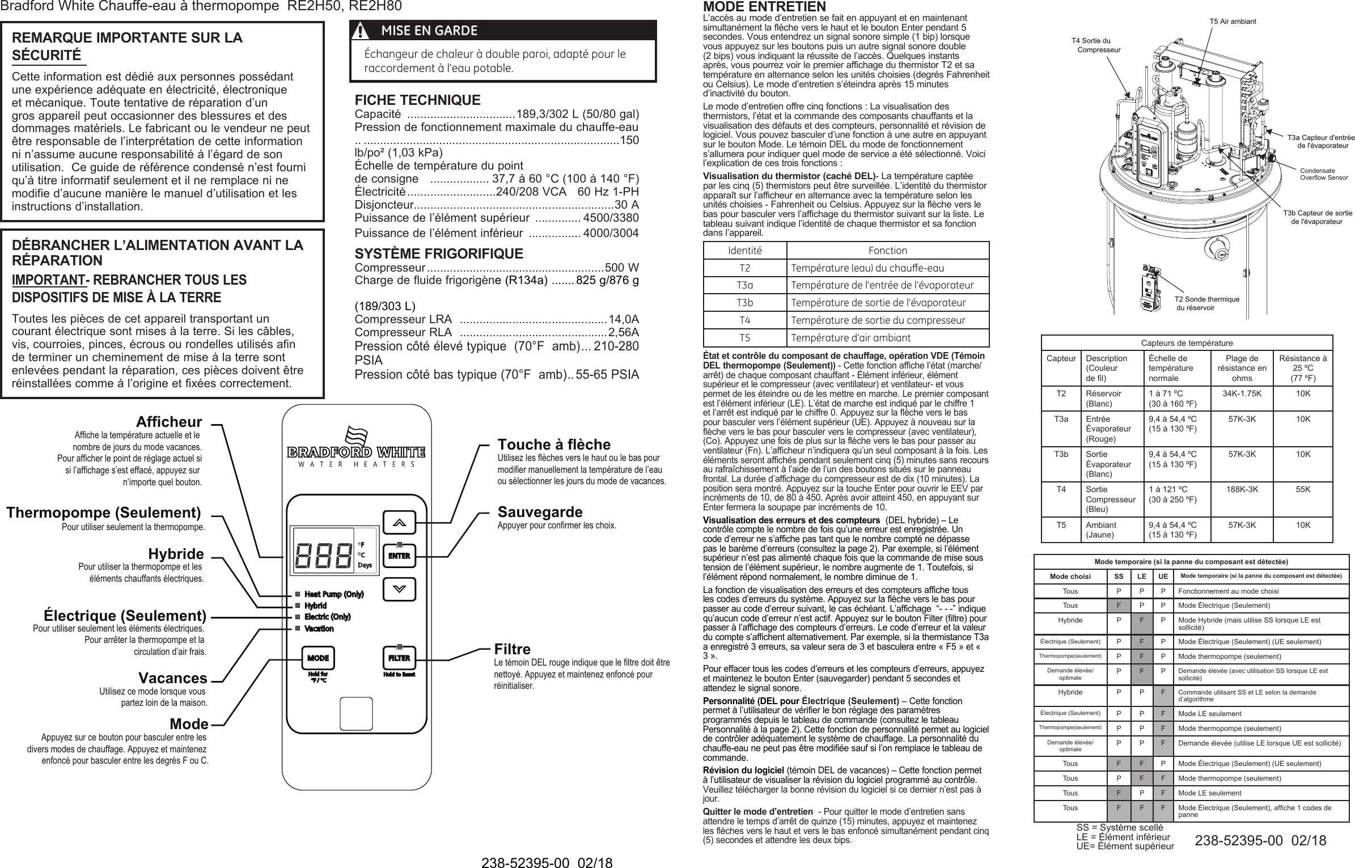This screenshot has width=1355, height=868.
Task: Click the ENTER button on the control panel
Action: [x=399, y=556]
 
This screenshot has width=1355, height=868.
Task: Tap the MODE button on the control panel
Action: [x=318, y=658]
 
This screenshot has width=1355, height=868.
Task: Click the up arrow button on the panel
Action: [x=399, y=523]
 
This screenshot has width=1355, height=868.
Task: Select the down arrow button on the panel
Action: [x=399, y=588]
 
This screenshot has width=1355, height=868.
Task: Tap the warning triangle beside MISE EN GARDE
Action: [x=357, y=31]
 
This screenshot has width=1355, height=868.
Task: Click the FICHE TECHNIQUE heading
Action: [x=417, y=100]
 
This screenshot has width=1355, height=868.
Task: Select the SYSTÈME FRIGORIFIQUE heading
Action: [x=439, y=253]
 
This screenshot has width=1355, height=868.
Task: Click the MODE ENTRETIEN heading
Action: [x=764, y=7]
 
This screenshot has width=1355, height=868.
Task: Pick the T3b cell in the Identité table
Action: [x=744, y=303]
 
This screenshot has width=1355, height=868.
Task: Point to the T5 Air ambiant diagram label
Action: [x=1233, y=22]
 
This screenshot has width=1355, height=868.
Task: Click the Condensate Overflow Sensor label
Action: [x=1323, y=174]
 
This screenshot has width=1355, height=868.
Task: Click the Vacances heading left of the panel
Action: [x=173, y=679]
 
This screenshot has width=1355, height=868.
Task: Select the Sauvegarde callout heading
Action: [x=540, y=513]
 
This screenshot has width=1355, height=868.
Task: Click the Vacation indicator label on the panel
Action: [x=319, y=629]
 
